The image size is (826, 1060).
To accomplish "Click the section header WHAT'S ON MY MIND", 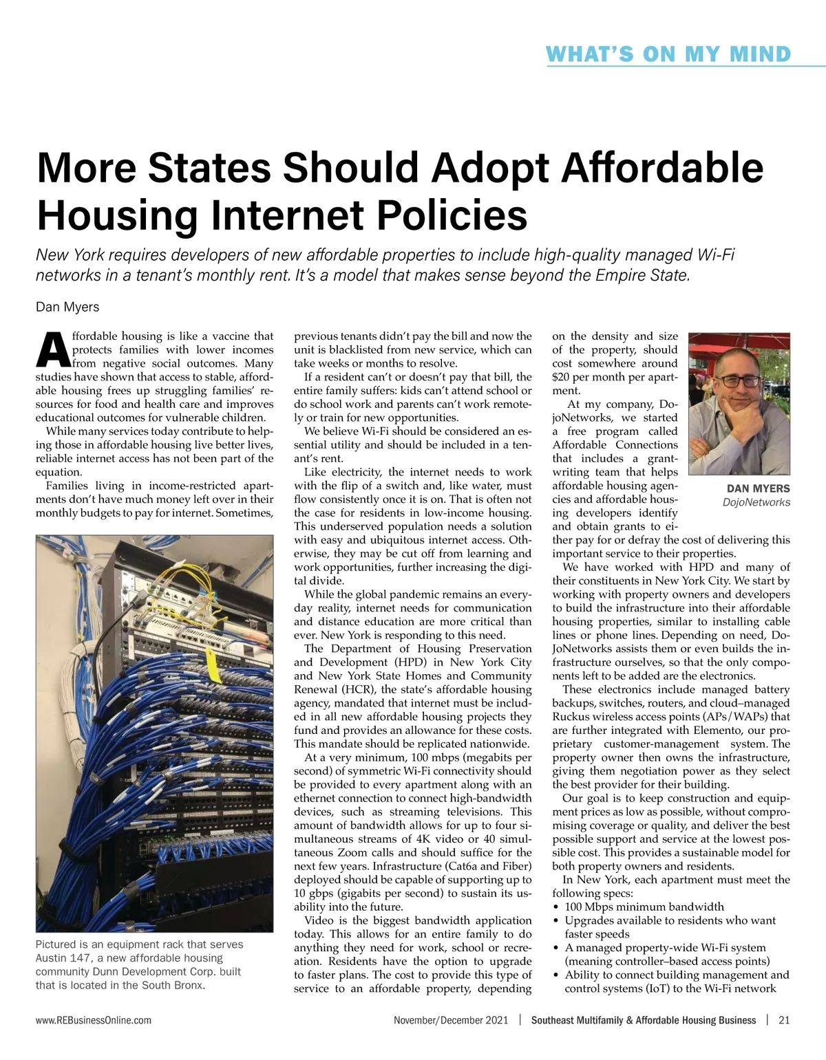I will (668, 54).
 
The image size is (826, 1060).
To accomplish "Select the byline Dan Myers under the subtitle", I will (67, 307).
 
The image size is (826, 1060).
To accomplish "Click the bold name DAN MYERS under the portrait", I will (758, 488).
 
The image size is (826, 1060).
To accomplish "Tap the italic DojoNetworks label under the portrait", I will (756, 503).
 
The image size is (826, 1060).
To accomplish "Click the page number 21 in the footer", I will (783, 1021).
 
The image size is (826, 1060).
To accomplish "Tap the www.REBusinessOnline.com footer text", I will (94, 1021).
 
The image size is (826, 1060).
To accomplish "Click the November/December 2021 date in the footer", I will (451, 1021).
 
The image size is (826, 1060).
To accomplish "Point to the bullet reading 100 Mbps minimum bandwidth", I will (644, 907).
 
